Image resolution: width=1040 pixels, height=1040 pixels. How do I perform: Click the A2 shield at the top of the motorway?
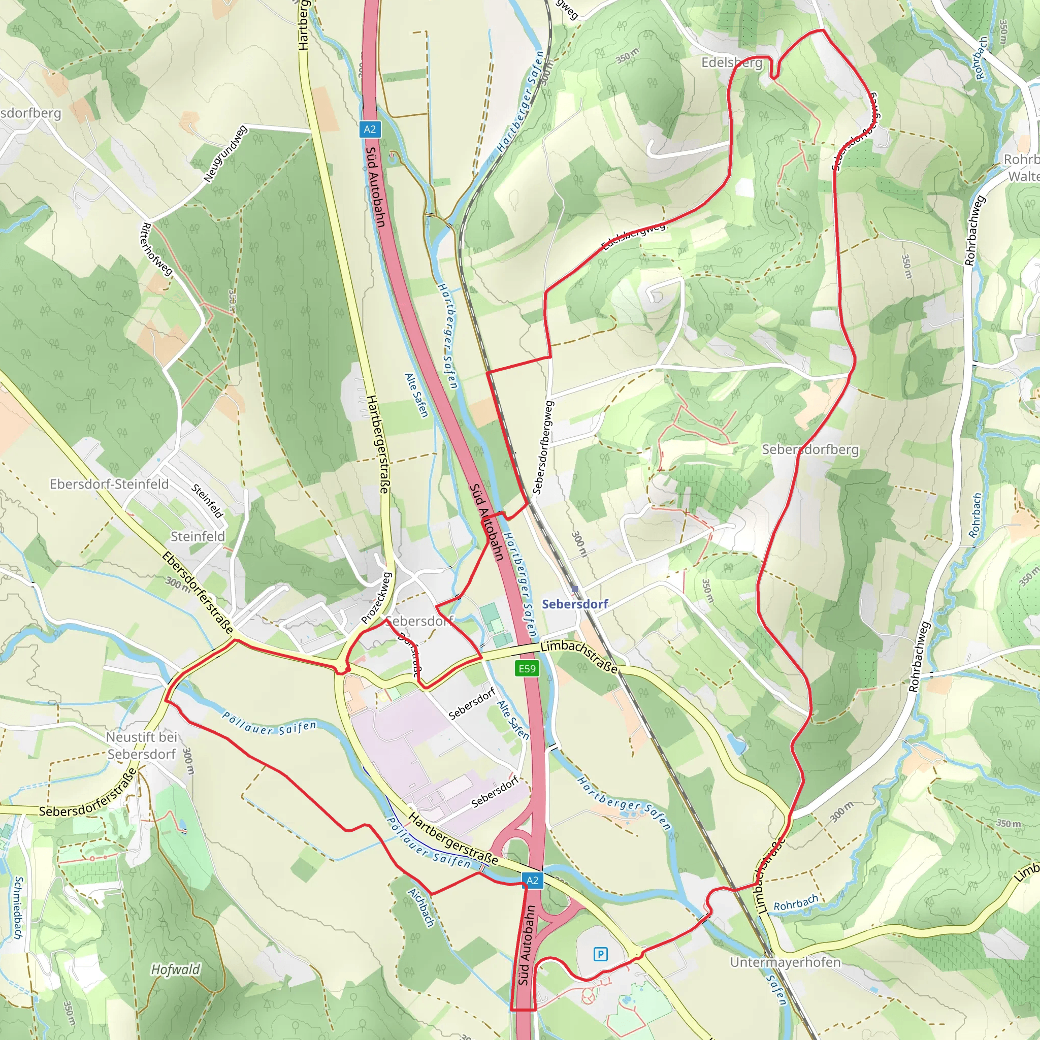pos(369,129)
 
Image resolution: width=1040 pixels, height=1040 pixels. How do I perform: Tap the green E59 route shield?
pos(527,669)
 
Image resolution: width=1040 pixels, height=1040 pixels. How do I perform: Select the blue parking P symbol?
pos(600,954)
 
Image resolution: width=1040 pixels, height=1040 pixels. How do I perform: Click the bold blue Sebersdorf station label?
pos(574,604)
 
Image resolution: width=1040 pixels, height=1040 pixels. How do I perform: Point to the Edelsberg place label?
pos(732,63)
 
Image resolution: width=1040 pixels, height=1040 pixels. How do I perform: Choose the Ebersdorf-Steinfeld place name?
pos(109,484)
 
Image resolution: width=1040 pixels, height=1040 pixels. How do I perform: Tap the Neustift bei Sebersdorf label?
pos(142,745)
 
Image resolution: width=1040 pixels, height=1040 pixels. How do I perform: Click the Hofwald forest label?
pos(175,969)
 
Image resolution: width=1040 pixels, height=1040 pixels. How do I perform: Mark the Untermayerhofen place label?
pos(785,962)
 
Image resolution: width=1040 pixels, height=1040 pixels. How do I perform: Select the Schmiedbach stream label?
pos(18,907)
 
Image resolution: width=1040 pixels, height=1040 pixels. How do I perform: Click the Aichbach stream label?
pos(421,907)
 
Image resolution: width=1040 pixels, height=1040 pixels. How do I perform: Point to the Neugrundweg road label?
pos(225,153)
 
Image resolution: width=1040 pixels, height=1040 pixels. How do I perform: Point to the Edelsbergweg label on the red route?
pos(634,236)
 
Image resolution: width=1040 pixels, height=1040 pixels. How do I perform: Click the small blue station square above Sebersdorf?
pos(574,590)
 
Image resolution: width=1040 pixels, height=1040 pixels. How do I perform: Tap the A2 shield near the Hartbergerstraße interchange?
pos(532,881)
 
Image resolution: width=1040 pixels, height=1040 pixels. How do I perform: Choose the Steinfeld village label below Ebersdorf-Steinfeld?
pos(198,536)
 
